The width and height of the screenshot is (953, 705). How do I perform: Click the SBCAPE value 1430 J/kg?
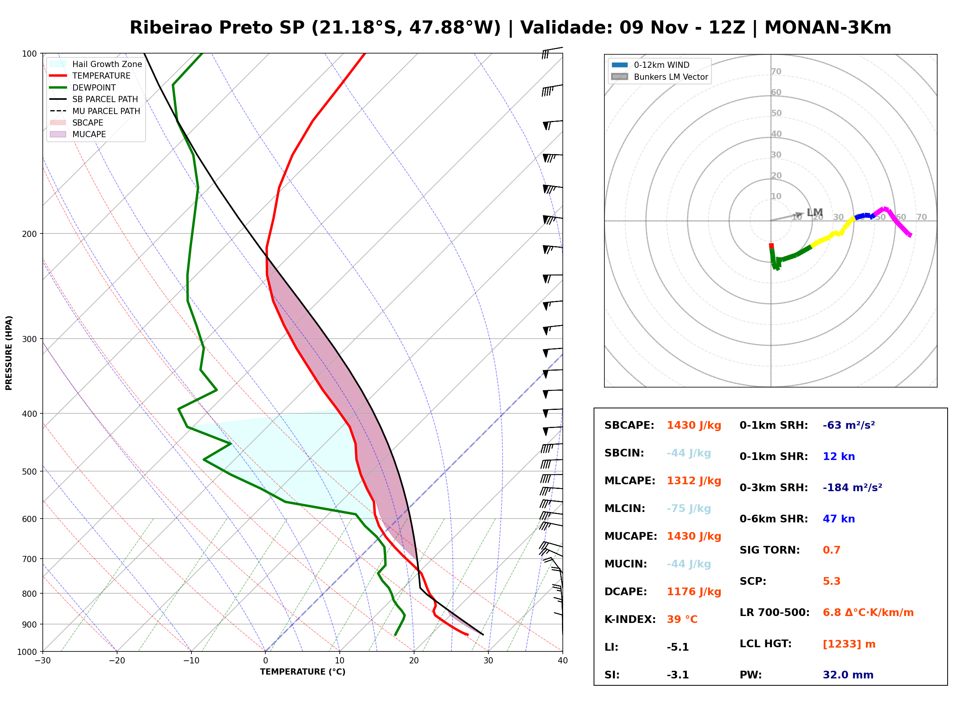[x=694, y=425]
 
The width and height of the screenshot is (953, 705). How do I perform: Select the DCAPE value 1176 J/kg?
[x=694, y=592]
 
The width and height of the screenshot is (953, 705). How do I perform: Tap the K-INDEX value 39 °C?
[x=682, y=619]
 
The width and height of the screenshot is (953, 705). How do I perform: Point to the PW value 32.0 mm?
[x=848, y=675]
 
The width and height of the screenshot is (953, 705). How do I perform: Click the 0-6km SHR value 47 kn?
[x=839, y=519]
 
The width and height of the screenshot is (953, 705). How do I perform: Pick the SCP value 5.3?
[x=831, y=581]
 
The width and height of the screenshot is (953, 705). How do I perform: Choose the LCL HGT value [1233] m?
[x=849, y=644]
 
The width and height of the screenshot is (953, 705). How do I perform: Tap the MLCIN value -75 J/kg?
[x=689, y=509]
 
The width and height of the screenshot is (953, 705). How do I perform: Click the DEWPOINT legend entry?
[x=83, y=87]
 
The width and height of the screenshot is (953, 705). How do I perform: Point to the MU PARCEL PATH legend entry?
[x=95, y=111]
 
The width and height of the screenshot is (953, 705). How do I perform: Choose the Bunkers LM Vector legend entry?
[x=659, y=77]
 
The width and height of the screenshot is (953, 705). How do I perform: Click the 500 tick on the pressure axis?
[x=30, y=472]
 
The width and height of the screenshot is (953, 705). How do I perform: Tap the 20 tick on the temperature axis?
[x=414, y=661]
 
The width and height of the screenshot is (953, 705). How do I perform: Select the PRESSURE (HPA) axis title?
[x=8, y=353]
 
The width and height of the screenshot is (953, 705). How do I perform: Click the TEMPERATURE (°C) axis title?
[x=302, y=672]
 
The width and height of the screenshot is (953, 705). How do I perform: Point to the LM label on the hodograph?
[x=814, y=213]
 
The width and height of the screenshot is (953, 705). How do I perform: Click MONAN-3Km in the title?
[x=827, y=28]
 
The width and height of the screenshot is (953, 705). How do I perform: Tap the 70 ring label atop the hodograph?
[x=776, y=72]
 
